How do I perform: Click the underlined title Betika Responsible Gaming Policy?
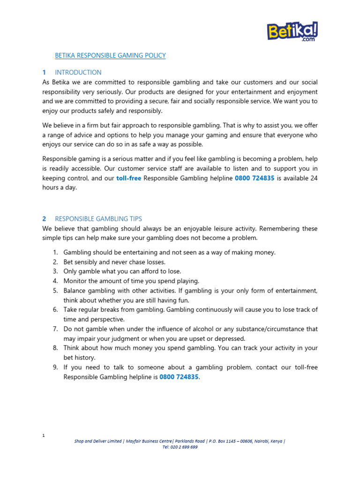[110, 55]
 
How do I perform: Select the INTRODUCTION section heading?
[78, 72]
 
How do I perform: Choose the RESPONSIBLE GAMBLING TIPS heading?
[98, 218]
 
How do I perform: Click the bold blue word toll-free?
[128, 178]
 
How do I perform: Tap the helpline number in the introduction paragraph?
[255, 178]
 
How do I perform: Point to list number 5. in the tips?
[55, 291]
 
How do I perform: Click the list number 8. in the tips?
[55, 348]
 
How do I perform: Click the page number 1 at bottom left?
[43, 436]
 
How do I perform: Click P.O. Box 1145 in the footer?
[222, 441]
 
